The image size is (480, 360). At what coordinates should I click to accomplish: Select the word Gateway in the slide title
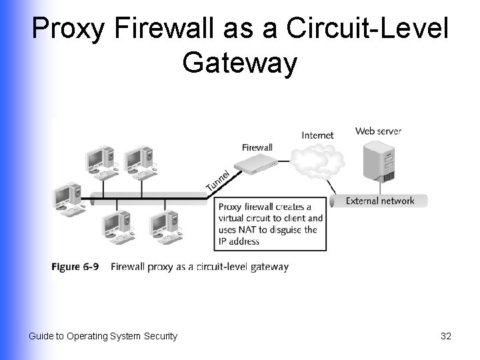click(x=239, y=63)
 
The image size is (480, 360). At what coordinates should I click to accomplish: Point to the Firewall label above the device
click(x=257, y=147)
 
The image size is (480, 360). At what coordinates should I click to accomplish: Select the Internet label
click(x=317, y=135)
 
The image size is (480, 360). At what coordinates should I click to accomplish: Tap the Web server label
click(x=378, y=131)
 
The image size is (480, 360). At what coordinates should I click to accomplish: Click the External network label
click(x=380, y=201)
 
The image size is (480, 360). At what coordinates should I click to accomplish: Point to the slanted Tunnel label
click(x=217, y=180)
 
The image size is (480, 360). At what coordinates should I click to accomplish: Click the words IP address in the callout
click(x=239, y=241)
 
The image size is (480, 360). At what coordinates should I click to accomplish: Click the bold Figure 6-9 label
click(x=75, y=267)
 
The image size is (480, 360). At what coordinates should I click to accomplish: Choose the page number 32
click(x=446, y=336)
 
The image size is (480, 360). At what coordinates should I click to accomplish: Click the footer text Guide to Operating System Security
click(x=103, y=336)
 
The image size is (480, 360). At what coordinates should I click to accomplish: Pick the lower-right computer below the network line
click(x=164, y=227)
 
